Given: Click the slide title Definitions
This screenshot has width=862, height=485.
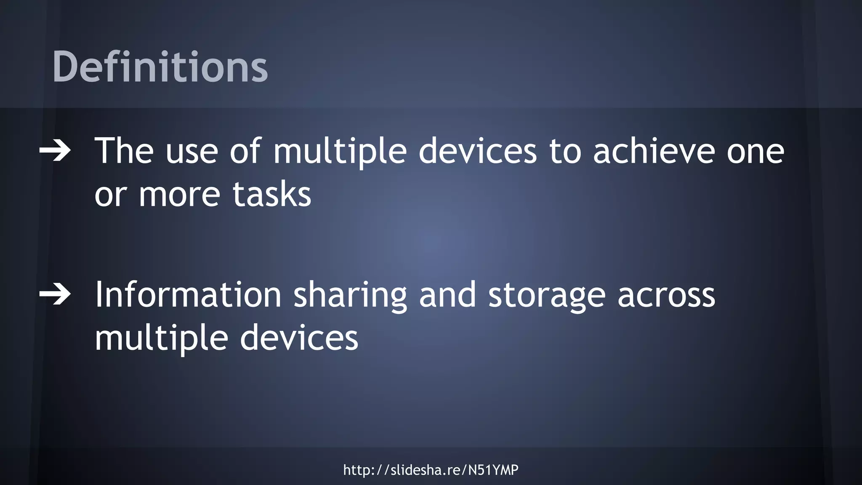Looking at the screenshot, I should coord(160,67).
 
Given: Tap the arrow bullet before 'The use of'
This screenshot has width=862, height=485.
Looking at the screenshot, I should coord(55,151).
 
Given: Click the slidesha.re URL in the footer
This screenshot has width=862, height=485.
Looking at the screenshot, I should coord(431,470).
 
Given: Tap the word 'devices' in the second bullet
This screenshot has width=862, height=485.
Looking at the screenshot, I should coord(299,338).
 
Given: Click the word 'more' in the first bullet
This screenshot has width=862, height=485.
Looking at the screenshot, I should coord(180,195).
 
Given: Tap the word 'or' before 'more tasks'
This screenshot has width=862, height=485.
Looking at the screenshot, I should coord(110,195).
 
